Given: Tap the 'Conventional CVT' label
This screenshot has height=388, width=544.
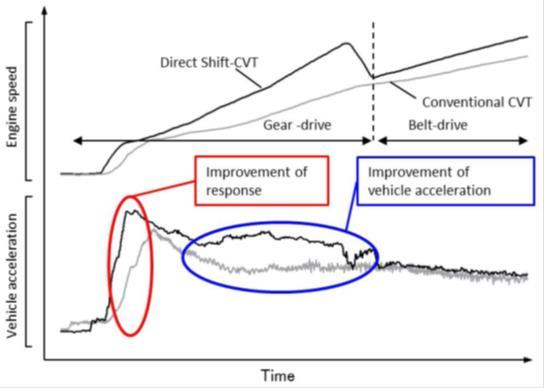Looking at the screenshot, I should [x=475, y=102].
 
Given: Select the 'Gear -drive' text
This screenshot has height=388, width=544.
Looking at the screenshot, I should [x=297, y=127].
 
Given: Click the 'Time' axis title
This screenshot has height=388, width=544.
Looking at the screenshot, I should [x=278, y=375].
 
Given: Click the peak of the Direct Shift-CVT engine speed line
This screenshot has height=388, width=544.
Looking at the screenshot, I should [x=346, y=42].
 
